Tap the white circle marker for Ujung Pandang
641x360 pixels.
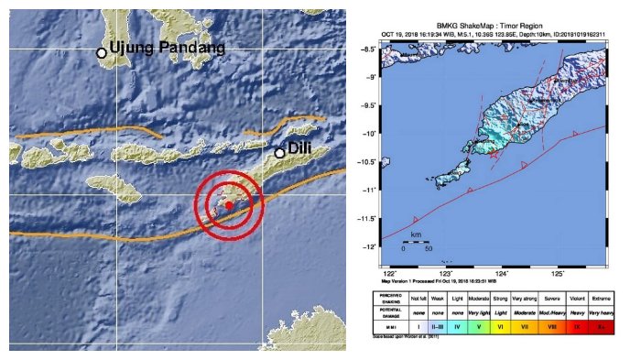click(x=102, y=53)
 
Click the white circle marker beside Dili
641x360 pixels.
click(x=280, y=153)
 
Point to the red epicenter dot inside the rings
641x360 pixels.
click(x=229, y=206)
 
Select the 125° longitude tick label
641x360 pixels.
click(x=558, y=272)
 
